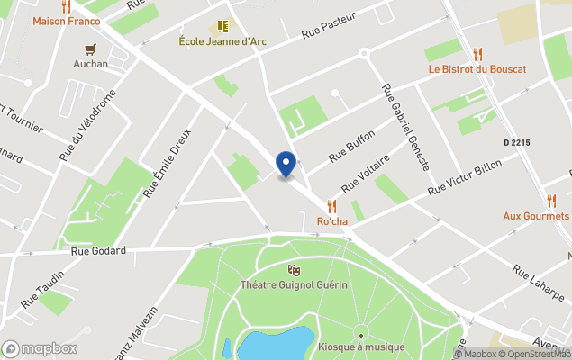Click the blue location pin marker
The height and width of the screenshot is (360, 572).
(286, 164)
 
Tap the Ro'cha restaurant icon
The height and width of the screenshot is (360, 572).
(331, 206)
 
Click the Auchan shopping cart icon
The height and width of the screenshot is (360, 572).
(90, 49)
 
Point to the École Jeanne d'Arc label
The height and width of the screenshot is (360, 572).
(222, 40)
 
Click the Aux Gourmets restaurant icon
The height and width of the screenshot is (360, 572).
(552, 200)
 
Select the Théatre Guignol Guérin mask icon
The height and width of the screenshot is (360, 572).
(293, 269)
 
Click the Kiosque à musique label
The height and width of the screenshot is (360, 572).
(360, 347)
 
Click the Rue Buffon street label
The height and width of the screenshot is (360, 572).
(351, 145)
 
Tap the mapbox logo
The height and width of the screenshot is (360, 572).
(41, 348)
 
